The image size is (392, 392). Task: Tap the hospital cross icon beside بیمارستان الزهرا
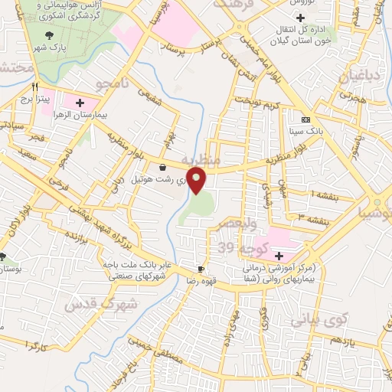pos(80,102)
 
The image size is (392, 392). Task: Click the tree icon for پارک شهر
pos(50,35)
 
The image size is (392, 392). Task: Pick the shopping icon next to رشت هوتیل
pos(162,167)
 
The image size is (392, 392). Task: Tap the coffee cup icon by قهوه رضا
pos(201,269)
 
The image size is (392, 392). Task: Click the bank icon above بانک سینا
pos(305,119)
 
